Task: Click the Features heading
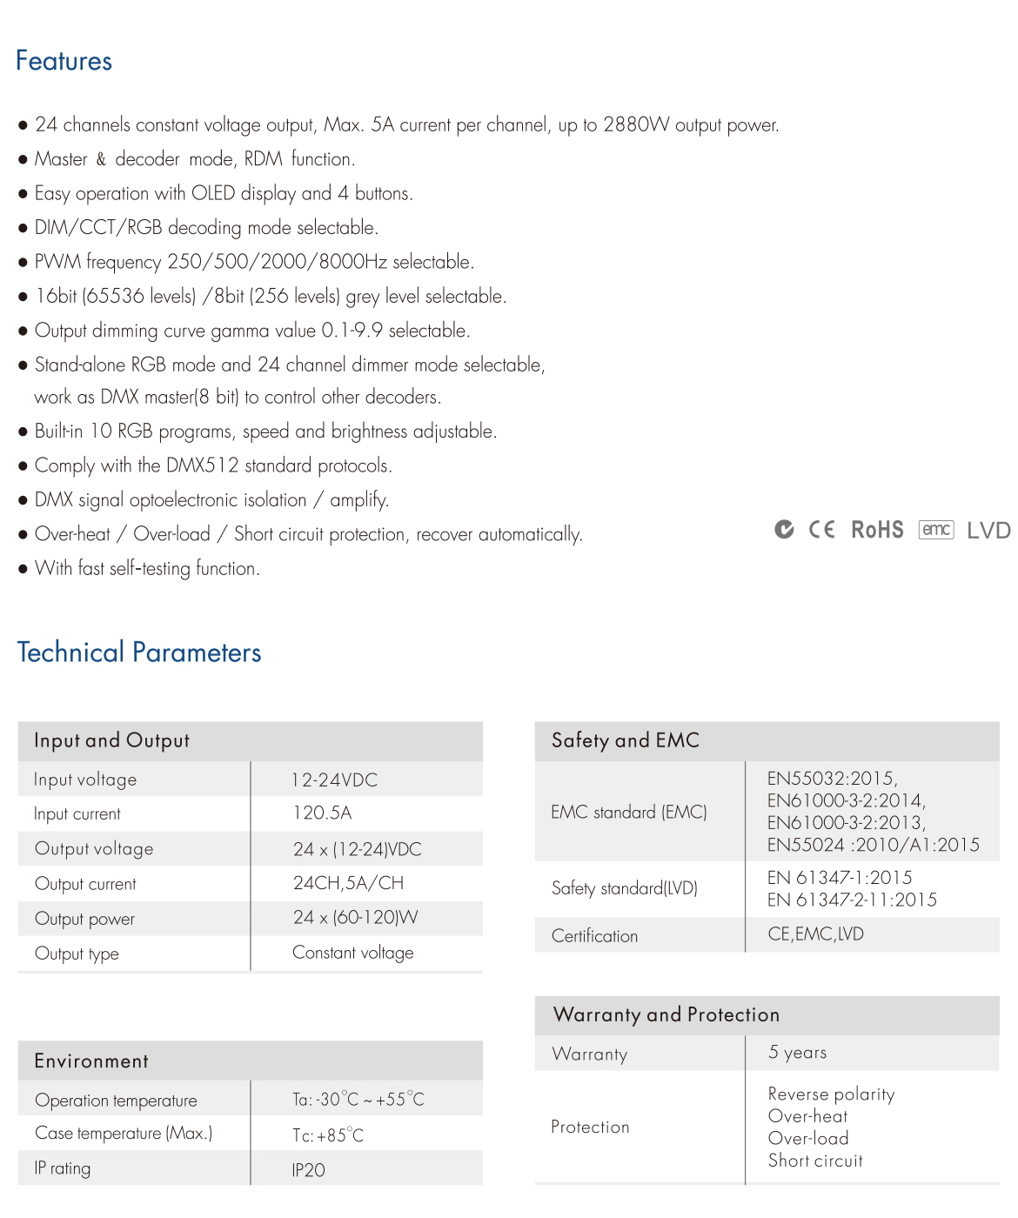tap(64, 61)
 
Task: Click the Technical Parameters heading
tap(139, 652)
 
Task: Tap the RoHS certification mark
tap(877, 530)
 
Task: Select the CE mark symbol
tap(821, 530)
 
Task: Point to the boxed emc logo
tap(936, 530)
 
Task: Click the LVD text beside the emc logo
tap(988, 531)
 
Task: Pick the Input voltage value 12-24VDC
tap(335, 780)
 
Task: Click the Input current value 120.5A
tap(322, 813)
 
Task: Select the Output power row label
tap(84, 919)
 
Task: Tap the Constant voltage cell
tap(352, 953)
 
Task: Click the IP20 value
tap(308, 1170)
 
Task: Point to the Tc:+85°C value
tap(328, 1135)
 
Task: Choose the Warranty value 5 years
tap(797, 1053)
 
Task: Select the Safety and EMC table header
tap(626, 740)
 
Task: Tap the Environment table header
tap(91, 1061)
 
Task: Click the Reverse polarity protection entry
tap(831, 1094)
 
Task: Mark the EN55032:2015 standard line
tap(832, 778)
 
